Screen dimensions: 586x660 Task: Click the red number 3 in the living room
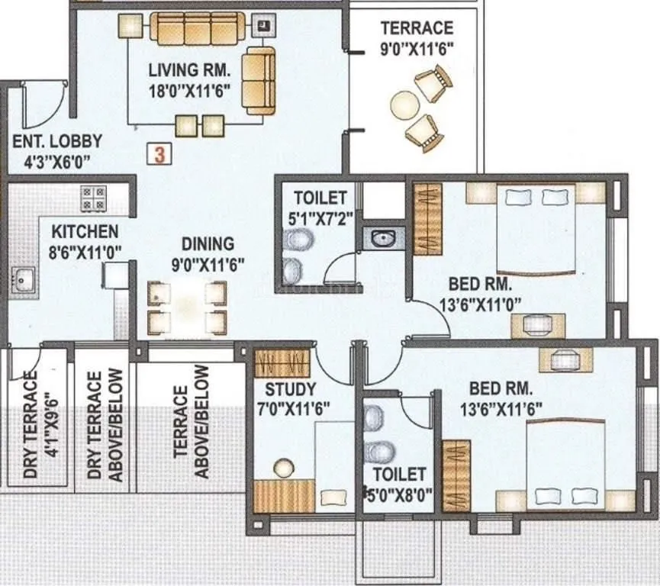point(159,154)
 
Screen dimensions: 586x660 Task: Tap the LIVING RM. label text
point(189,71)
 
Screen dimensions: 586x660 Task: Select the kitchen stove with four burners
point(95,198)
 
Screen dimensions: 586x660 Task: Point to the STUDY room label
point(291,389)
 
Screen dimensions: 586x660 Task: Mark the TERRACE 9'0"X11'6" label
point(417,37)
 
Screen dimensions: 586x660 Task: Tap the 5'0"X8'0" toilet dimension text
point(398,494)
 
